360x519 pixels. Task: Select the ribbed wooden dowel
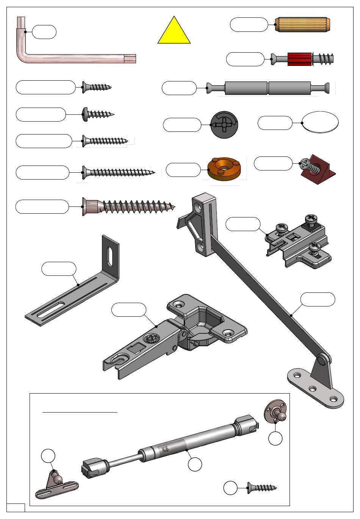[302, 24]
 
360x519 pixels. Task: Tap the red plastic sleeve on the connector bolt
[299, 59]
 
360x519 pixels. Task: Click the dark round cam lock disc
[224, 125]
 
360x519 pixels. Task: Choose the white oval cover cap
[320, 122]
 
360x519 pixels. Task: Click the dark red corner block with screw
[318, 169]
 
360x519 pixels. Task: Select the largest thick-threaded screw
[129, 206]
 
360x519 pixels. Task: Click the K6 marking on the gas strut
[165, 449]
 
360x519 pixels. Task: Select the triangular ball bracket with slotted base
[57, 485]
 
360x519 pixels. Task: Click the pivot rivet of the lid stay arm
[321, 360]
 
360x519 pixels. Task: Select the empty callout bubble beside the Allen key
[44, 32]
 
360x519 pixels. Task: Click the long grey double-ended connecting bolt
[268, 88]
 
